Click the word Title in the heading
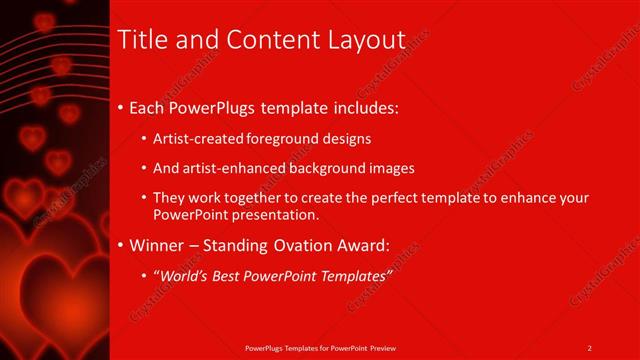141,40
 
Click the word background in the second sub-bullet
330,168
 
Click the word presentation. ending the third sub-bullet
270,214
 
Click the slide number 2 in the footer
590,348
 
